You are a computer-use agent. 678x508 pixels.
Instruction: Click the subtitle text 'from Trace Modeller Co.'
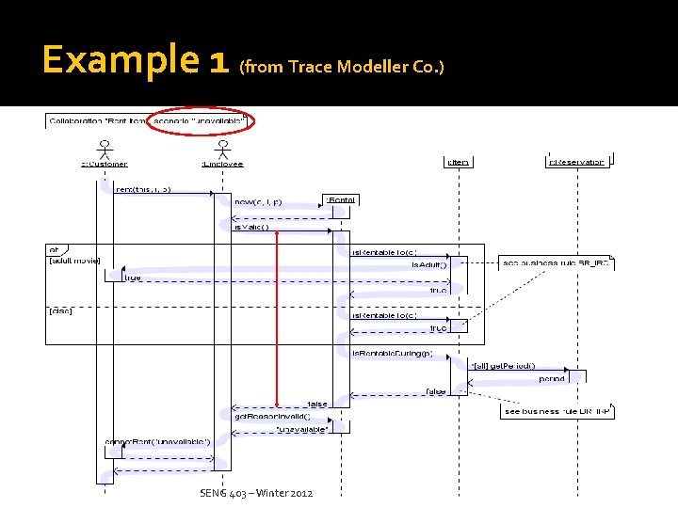tap(342, 67)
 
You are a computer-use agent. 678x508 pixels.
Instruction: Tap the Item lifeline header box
tap(458, 163)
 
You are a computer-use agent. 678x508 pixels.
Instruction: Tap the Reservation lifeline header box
tap(576, 163)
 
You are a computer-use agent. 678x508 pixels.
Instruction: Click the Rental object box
tap(341, 199)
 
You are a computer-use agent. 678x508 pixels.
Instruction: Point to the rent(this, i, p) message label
tap(142, 189)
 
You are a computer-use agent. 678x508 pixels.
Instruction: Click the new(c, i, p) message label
tap(256, 201)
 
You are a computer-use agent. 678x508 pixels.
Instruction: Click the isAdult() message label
tap(429, 265)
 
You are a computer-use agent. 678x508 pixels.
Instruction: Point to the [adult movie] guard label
tap(74, 260)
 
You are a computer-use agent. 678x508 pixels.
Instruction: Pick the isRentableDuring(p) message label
tap(392, 353)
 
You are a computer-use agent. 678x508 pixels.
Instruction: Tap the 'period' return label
tap(552, 378)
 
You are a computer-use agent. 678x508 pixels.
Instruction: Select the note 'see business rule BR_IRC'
tap(556, 262)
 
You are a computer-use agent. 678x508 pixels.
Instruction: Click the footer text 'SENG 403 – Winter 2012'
tap(256, 493)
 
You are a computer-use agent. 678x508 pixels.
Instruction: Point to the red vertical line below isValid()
tap(276, 320)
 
